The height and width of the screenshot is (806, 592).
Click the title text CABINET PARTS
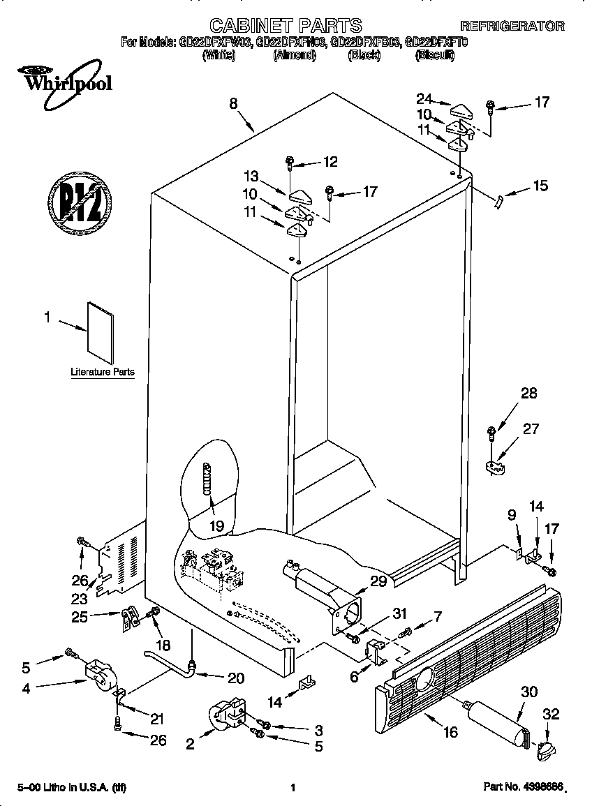coord(286,26)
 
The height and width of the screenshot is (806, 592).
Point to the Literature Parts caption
coord(103,372)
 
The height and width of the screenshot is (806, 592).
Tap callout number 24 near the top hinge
coord(424,98)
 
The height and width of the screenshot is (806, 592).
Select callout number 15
coord(540,186)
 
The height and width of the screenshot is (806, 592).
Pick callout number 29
coord(378,581)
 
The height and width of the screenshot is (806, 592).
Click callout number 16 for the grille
coord(450,732)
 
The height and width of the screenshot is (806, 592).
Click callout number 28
coord(528,394)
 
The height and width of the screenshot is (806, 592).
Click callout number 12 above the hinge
coord(330,162)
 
